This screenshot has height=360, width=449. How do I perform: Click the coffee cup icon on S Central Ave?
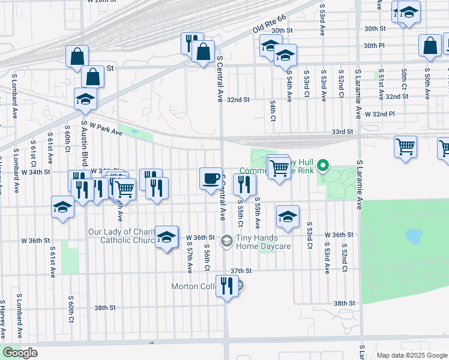210,179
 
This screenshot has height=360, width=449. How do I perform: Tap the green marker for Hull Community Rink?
322,164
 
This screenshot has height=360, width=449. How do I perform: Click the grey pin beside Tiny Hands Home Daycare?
226,241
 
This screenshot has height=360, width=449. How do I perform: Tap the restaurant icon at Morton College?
226,286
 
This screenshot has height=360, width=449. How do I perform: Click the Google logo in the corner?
20,353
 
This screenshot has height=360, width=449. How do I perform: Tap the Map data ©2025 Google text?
411,355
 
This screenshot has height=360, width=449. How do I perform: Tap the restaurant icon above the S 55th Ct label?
243,184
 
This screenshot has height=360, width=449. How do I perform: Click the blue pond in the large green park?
414,236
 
